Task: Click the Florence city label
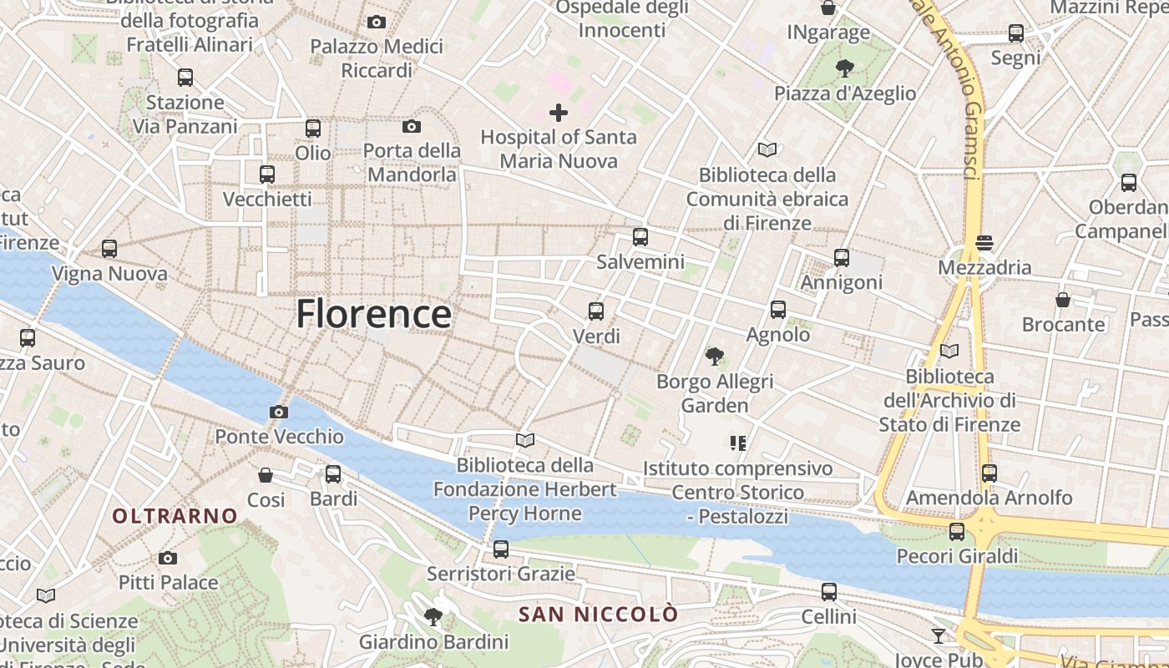(x=373, y=314)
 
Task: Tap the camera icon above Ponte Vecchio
(x=279, y=412)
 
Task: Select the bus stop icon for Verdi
(x=595, y=311)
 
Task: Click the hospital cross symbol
(x=559, y=112)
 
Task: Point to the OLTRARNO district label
(x=175, y=516)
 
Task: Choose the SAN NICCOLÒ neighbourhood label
(x=598, y=615)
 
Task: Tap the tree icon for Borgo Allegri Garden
(x=714, y=357)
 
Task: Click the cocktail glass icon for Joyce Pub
(x=939, y=636)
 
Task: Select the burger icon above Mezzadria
(x=984, y=243)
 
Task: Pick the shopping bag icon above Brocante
(x=1063, y=299)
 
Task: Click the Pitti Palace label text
(x=168, y=582)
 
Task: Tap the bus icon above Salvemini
(x=640, y=237)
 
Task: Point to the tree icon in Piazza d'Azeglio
(x=845, y=68)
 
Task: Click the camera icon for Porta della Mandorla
(x=411, y=126)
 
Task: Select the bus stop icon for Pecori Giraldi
(x=957, y=531)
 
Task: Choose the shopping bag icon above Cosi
(x=266, y=475)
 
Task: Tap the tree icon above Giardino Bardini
(x=433, y=617)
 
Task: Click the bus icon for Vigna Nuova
(x=109, y=249)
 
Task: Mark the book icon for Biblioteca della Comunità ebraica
(x=767, y=150)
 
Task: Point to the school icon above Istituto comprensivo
(x=737, y=443)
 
